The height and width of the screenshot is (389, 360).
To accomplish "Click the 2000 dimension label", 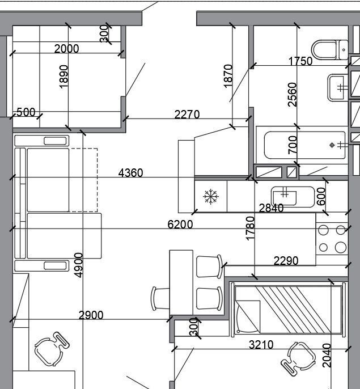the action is [66, 49].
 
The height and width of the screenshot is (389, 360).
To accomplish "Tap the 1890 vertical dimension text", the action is [63, 77].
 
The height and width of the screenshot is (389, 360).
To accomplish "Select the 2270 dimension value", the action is [187, 115].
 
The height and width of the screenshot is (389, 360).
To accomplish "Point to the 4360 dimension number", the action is [130, 173].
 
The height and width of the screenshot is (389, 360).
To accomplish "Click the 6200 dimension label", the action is [180, 225].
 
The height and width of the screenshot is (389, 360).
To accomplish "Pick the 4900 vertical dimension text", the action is [78, 265].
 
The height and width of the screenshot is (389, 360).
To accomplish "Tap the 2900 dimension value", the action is [91, 315].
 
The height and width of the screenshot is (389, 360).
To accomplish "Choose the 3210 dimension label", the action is [261, 345].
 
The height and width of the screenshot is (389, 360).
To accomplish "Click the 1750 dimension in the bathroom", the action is [300, 61].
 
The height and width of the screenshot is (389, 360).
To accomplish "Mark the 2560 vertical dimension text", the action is [293, 95].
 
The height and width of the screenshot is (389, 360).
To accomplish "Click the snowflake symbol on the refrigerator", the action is [211, 196].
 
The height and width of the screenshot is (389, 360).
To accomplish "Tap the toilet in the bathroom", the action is [330, 50].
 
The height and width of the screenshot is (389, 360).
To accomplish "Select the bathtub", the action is [304, 145].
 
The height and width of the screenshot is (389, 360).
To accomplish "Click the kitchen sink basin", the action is [293, 197].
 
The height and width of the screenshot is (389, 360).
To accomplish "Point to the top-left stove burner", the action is [323, 230].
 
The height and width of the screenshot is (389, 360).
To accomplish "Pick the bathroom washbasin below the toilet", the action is [338, 87].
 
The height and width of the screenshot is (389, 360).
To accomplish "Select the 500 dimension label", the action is [26, 112].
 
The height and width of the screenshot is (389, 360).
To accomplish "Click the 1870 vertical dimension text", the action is [228, 76].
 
